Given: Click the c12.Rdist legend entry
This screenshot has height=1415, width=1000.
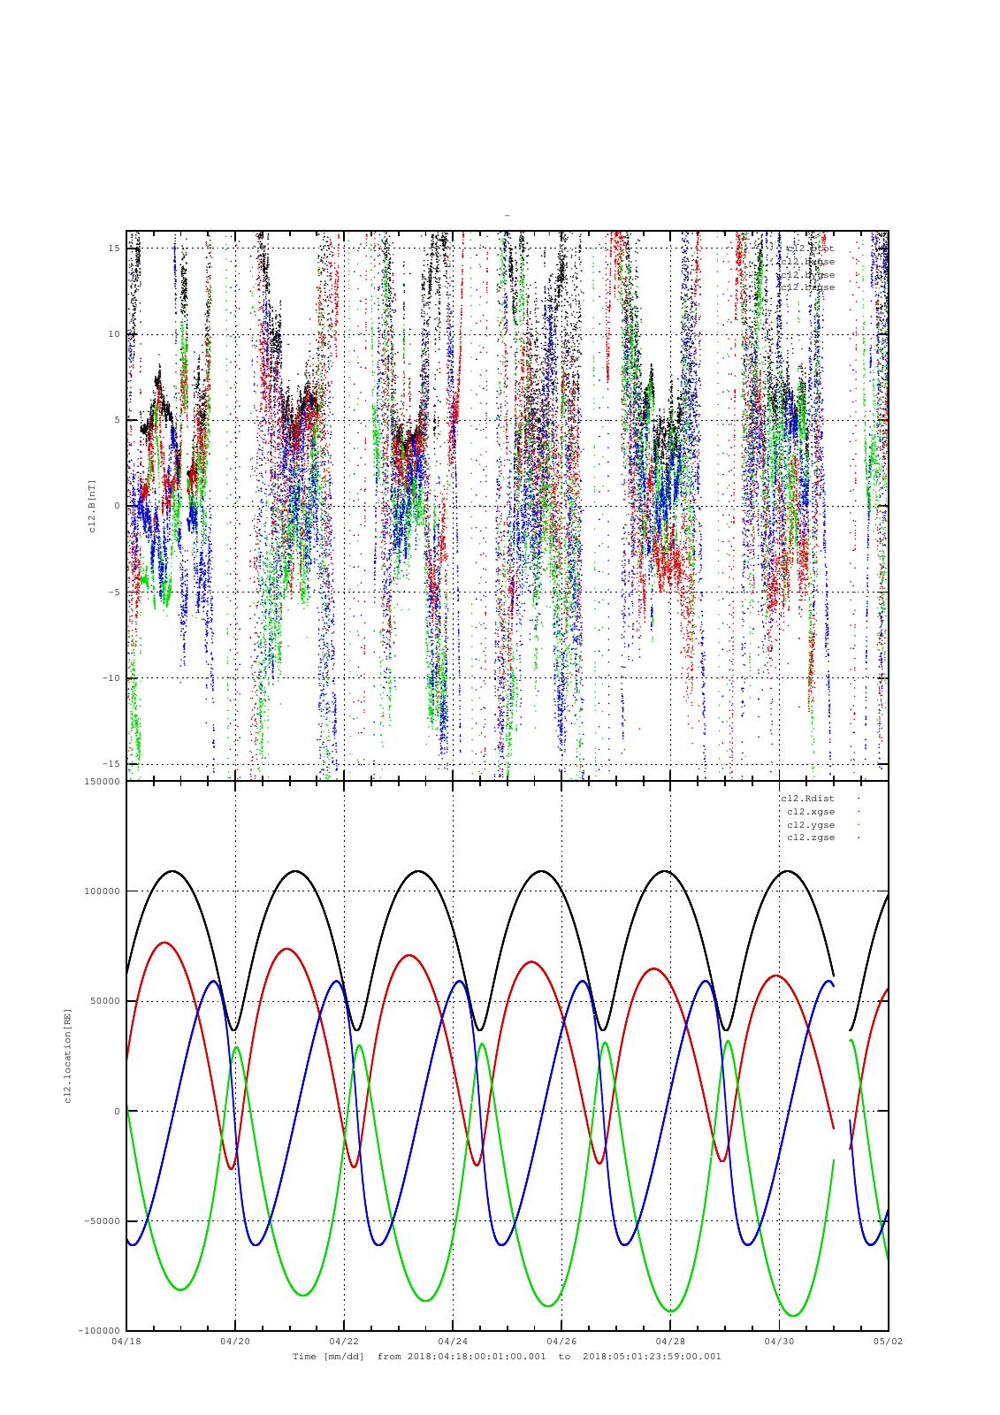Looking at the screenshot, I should pyautogui.click(x=806, y=799).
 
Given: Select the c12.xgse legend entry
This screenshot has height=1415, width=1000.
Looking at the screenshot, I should pyautogui.click(x=810, y=812).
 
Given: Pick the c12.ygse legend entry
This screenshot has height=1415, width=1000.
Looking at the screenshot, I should pyautogui.click(x=810, y=824).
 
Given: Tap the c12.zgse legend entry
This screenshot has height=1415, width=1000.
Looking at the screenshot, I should pyautogui.click(x=810, y=838).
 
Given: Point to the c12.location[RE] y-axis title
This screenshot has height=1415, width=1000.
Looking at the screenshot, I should pyautogui.click(x=67, y=1055).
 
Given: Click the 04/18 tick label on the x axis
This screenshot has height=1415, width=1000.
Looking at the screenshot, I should pyautogui.click(x=126, y=1341).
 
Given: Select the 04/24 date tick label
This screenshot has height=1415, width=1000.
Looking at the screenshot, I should pyautogui.click(x=453, y=1341).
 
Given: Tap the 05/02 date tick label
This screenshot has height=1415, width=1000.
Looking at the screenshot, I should pyautogui.click(x=888, y=1341).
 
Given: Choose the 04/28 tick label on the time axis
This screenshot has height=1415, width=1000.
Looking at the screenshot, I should pyautogui.click(x=670, y=1341).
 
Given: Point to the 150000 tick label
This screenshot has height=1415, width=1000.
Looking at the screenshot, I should pyautogui.click(x=102, y=782).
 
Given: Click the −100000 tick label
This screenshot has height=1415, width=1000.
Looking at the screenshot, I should pyautogui.click(x=99, y=1331).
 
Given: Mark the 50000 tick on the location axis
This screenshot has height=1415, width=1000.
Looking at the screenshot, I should pyautogui.click(x=104, y=1001).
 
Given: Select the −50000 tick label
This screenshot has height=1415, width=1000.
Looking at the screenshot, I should pyautogui.click(x=102, y=1221).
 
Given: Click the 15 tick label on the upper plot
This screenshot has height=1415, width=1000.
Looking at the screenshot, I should pyautogui.click(x=114, y=249).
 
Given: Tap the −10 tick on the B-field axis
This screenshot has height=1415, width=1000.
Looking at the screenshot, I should pyautogui.click(x=111, y=678).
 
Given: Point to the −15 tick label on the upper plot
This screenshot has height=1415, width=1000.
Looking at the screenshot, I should pyautogui.click(x=111, y=764).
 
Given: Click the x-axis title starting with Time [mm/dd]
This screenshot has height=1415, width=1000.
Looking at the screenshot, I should pyautogui.click(x=507, y=1356).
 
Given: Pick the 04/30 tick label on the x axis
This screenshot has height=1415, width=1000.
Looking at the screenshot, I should pyautogui.click(x=779, y=1341).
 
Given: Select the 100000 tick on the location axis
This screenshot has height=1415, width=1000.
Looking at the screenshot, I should pyautogui.click(x=102, y=891).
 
